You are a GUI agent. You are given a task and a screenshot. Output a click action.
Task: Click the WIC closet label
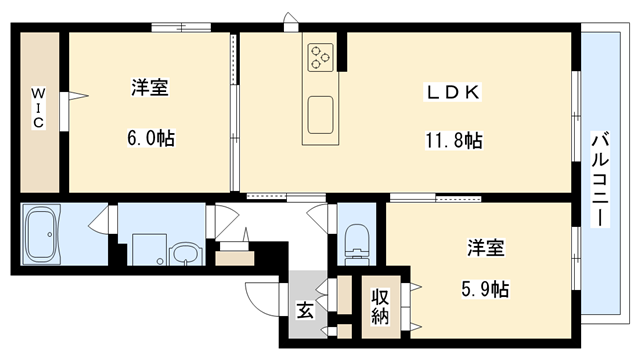coord(36,108)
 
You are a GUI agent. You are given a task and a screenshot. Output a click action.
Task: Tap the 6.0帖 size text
coord(150,139)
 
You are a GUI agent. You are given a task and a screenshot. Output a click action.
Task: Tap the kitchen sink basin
coord(322,113)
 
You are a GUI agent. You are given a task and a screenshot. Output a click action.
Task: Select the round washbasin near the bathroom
coord(183,252)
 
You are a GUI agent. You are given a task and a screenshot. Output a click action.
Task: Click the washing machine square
coord(145,247)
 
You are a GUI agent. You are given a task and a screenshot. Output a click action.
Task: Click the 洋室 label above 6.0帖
coord(150,88)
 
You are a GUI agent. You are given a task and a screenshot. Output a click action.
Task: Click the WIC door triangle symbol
coord(76,98)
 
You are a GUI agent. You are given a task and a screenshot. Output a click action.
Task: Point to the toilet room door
coord(322,220)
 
